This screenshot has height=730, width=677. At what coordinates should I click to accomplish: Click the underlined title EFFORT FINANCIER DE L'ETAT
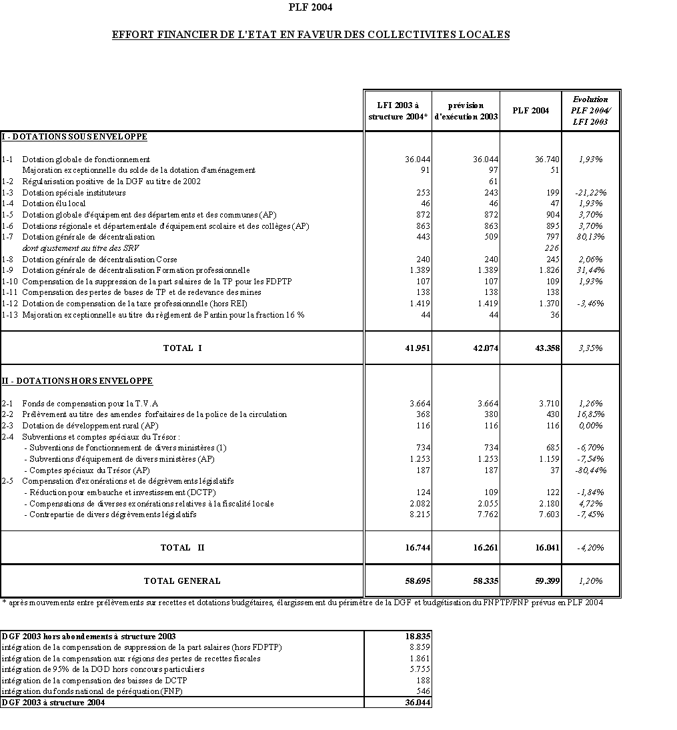tap(310, 35)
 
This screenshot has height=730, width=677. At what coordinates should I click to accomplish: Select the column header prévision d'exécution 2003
tap(465, 111)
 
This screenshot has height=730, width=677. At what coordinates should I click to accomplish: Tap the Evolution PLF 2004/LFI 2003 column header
tap(590, 111)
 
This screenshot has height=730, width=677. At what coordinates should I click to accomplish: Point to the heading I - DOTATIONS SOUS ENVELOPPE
tap(74, 137)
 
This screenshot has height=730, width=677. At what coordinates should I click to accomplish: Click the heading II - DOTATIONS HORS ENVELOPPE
tap(77, 381)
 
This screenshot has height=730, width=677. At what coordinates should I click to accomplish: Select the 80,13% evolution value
tap(590, 237)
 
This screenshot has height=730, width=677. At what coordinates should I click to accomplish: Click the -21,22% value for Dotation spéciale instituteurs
tap(590, 193)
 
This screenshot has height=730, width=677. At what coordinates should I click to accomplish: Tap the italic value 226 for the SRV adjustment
tap(552, 248)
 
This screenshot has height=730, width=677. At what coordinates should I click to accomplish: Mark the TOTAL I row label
tap(182, 348)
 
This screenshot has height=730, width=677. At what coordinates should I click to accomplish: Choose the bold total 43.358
tap(546, 348)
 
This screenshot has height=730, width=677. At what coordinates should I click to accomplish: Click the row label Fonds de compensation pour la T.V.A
tap(90, 404)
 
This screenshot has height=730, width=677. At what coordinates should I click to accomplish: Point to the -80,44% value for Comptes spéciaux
tap(590, 470)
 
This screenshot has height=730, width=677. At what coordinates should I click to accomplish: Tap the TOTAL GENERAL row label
tap(182, 581)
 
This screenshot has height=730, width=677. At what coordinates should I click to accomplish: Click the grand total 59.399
tap(546, 581)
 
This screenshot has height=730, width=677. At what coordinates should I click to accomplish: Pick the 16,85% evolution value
tap(591, 414)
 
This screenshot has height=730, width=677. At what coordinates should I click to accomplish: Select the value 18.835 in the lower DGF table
tap(418, 637)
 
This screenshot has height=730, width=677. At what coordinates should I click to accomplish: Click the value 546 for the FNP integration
tap(422, 691)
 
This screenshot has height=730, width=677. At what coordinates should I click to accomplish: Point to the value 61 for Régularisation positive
tap(493, 181)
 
